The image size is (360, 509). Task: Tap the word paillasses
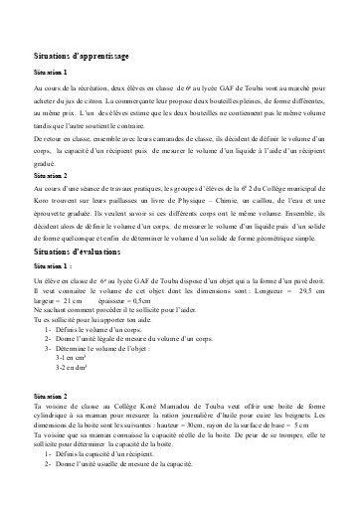116,202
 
